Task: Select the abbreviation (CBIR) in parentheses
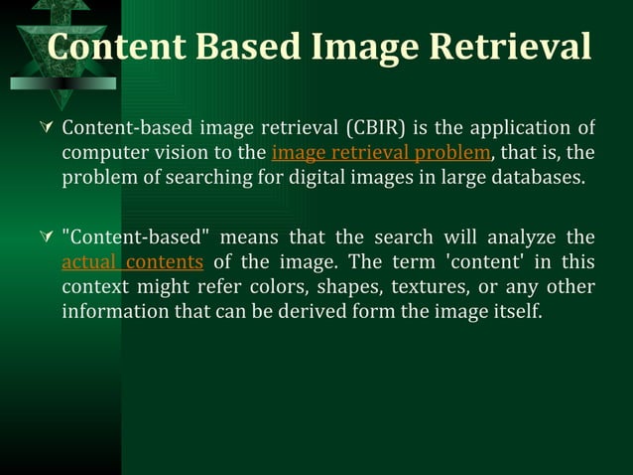point(374,128)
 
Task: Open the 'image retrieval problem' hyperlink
point(380,153)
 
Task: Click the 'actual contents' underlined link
point(132,262)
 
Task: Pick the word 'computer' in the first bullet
point(103,153)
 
